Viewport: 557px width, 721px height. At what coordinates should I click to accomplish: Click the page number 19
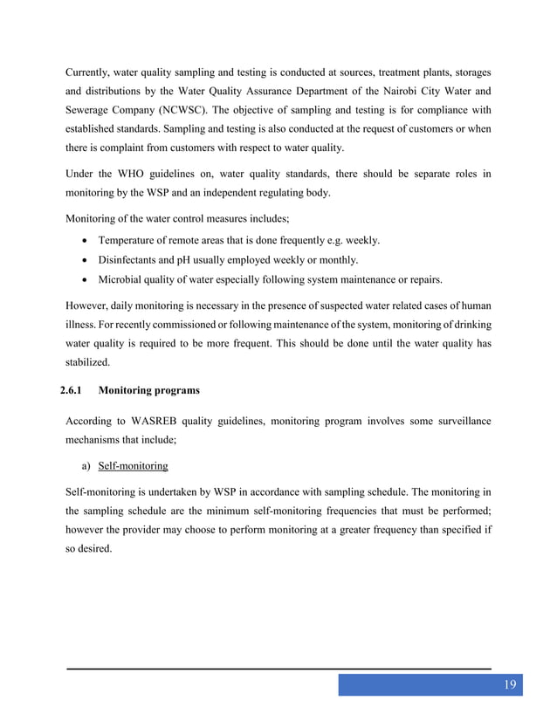tap(510, 683)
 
